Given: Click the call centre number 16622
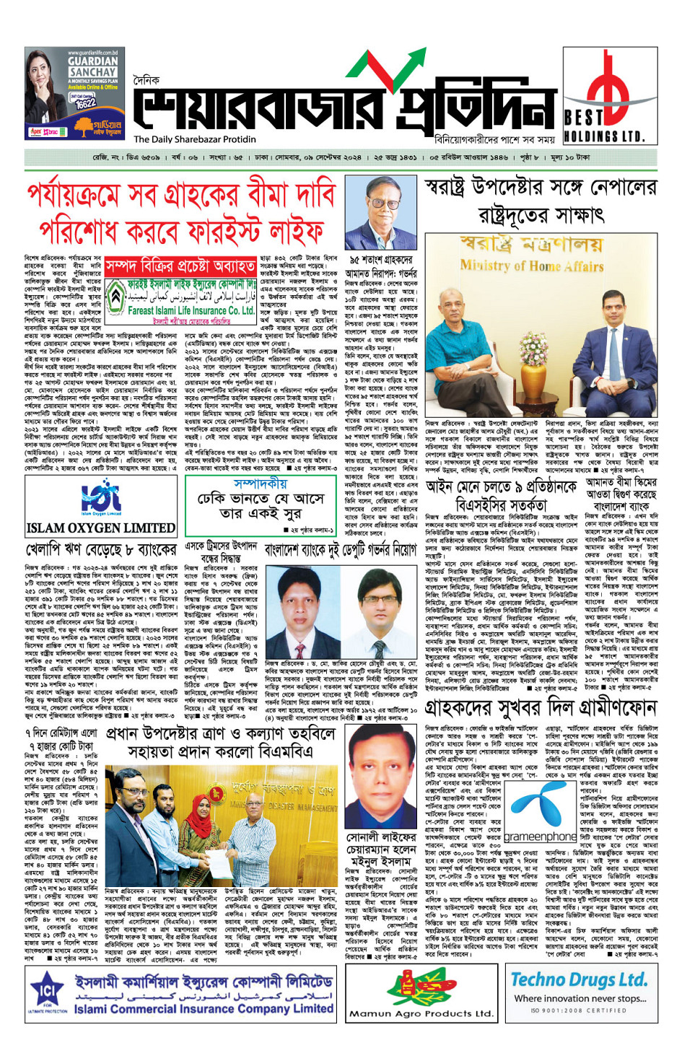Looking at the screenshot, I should point(85,103).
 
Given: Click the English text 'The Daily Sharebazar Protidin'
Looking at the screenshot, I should point(195,139).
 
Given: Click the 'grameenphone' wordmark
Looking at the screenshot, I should point(540,837).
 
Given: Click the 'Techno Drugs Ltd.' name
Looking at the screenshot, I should point(579,979).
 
